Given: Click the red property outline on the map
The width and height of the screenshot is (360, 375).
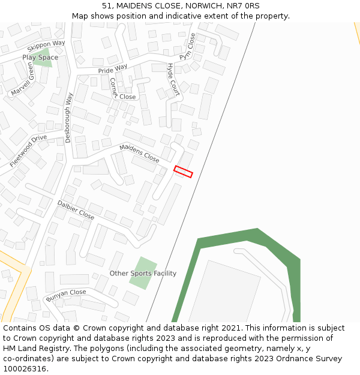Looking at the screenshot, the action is point(183,172).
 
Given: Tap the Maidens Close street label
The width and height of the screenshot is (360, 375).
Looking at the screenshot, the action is point(139,154).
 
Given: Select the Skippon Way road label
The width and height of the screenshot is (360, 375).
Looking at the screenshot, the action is point(46,47).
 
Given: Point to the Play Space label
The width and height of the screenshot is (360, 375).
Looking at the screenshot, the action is point(40,58).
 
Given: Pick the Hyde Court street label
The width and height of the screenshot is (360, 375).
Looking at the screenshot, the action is point(173,79).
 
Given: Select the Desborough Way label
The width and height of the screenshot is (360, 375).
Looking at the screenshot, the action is point(68,117).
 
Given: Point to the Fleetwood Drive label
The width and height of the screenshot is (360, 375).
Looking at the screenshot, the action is point(28,151).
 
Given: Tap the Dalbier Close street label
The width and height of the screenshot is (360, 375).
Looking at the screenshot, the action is point(76,210).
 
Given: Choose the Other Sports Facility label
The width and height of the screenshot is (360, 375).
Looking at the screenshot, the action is point(143,274).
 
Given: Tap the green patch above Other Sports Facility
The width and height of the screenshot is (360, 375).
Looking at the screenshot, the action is point(143,273).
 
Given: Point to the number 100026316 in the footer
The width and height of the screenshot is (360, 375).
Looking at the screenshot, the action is point(26,369).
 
